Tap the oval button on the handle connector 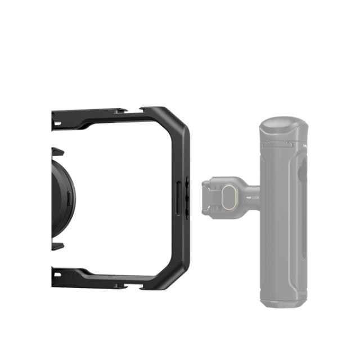tap(228, 197)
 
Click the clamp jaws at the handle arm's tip tap(207, 197)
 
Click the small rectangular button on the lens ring tap(69, 197)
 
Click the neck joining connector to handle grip tap(251, 191)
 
